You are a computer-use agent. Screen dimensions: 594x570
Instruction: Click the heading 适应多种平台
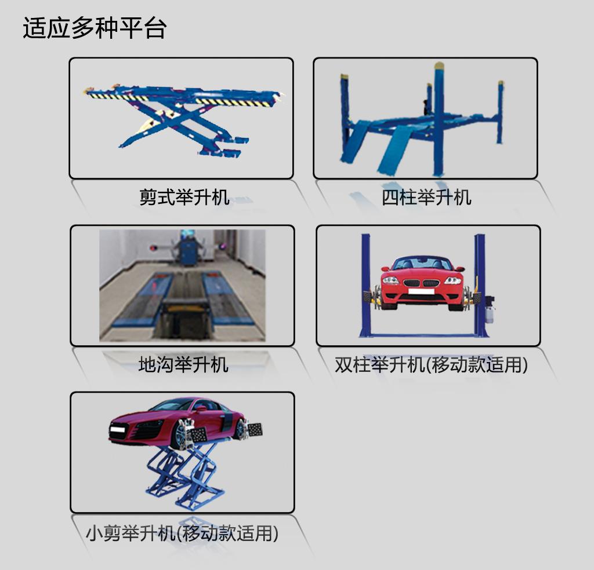(95, 28)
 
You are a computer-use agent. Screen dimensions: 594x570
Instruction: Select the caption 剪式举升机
(184, 197)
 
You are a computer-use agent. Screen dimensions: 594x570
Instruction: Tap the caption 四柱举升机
(426, 197)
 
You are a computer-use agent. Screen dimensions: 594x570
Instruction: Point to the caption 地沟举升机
(183, 364)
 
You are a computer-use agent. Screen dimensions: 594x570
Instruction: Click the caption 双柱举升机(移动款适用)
(431, 365)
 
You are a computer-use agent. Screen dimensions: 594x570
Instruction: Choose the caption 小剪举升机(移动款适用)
(182, 534)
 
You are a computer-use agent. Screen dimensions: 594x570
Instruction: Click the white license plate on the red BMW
(422, 291)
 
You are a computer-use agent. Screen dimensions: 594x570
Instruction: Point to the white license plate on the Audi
(117, 429)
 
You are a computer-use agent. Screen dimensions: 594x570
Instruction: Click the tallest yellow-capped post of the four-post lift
(439, 119)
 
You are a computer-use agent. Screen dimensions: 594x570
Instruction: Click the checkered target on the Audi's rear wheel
(255, 429)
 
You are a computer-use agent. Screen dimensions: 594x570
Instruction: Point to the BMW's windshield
(422, 263)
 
